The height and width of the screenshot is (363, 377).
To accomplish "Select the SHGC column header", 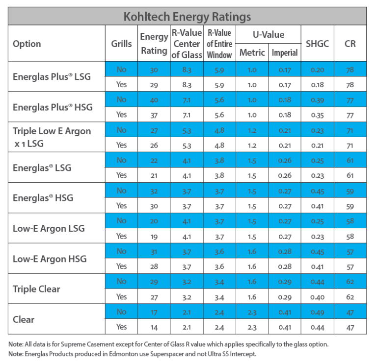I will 317,44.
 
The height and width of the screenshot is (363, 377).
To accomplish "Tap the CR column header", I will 350,44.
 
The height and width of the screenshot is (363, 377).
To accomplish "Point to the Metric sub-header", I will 252,52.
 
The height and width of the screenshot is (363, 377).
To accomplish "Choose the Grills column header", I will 121,44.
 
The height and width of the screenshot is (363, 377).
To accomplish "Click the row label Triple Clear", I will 36,289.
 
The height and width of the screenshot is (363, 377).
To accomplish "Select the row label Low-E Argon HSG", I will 49,259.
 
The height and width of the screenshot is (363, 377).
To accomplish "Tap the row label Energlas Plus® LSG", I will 52,76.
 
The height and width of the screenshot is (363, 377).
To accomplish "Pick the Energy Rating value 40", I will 154,100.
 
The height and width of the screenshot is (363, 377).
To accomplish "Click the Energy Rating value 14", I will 154,327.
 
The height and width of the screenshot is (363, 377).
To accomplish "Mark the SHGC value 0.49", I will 317,312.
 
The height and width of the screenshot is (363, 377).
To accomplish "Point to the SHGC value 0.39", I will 317,100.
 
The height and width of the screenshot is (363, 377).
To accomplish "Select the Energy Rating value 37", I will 154,115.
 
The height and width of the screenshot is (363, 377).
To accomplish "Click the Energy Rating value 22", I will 154,160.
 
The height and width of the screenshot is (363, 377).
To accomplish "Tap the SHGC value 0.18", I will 317,84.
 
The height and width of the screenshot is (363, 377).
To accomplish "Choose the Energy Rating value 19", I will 154,236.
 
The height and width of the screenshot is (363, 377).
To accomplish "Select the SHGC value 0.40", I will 317,296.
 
